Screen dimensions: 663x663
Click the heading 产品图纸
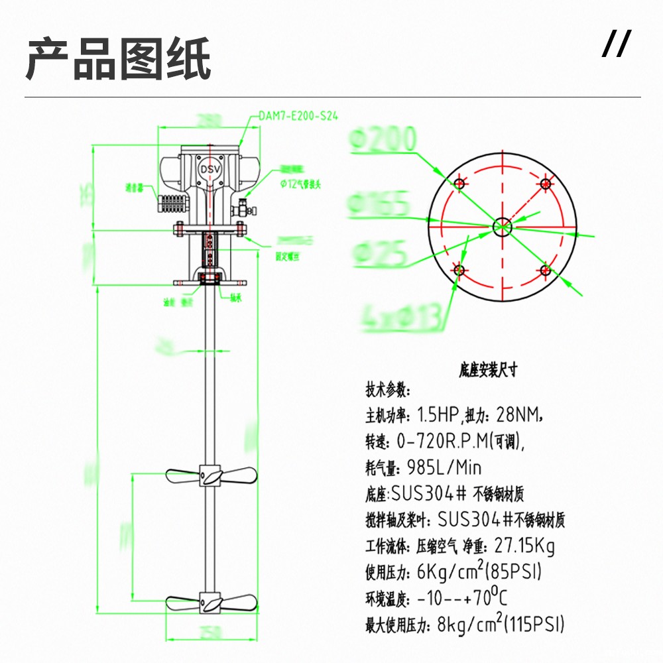[x=119, y=59]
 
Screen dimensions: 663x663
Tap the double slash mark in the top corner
[x=616, y=44]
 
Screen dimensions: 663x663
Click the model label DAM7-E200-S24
[x=298, y=115]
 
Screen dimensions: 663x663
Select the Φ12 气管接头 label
[x=301, y=184]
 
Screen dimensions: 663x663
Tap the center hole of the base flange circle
[x=502, y=225]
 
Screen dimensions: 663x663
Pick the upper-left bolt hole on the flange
[x=458, y=182]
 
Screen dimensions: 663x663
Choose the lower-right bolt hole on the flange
[x=545, y=269]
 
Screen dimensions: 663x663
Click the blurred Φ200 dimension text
[x=383, y=140]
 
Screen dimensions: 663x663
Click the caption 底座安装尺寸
[x=487, y=370]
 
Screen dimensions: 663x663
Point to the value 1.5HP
[x=438, y=416]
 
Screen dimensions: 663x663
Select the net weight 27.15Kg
[x=522, y=546]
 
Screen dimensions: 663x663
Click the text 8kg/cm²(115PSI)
[x=491, y=624]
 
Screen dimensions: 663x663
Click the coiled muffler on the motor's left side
[x=172, y=200]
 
